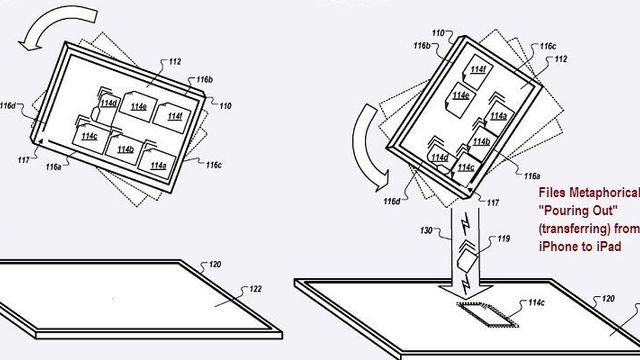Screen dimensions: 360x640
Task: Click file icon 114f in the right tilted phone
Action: tap(480, 71)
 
